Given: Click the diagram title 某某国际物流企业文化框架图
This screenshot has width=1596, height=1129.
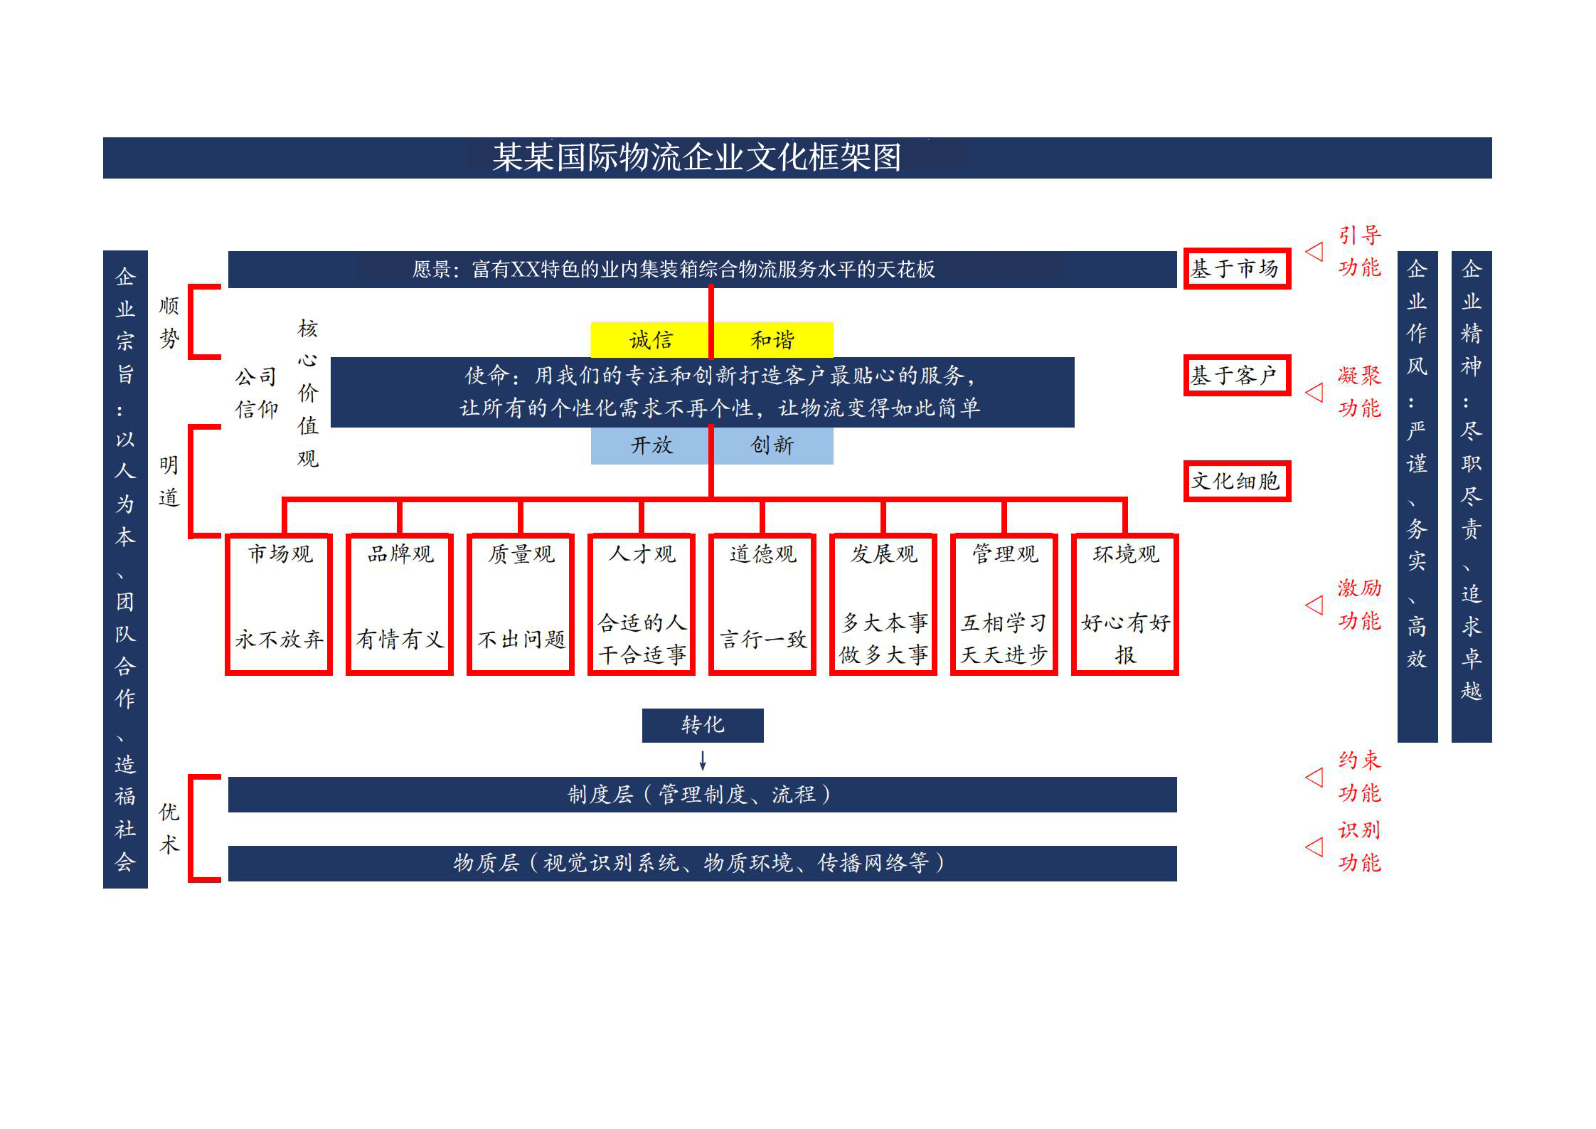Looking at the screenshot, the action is coord(697,157).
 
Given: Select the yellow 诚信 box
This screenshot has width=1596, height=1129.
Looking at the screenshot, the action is coord(650,340).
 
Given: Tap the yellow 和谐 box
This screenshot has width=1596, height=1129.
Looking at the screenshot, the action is coord(773,340).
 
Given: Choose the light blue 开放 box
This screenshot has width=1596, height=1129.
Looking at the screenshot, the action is coord(650,446).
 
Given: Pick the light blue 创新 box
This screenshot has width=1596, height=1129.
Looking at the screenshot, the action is coord(773,446).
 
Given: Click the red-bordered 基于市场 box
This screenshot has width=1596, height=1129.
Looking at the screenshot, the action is coord(1237,268).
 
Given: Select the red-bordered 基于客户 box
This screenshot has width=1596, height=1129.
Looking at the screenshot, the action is coord(1237,375).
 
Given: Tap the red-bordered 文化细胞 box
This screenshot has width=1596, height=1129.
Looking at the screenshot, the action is coord(1237,482).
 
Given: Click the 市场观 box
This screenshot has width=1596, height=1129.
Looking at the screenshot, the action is coord(279,603).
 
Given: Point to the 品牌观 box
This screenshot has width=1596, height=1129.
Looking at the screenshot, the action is coord(400,603).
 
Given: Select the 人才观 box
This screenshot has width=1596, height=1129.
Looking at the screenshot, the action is coord(642,603).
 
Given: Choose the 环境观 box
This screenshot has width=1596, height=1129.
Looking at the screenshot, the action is coord(1125,603).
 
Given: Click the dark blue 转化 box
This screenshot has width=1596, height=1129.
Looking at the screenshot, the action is coord(703,725).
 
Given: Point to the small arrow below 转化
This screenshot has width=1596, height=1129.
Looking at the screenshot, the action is coord(703,760).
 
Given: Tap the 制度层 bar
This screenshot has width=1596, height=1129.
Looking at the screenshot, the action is coord(702,794).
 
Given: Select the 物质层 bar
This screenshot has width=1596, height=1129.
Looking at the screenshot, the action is coord(702,864).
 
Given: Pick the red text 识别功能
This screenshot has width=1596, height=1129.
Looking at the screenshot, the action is coord(1359,847).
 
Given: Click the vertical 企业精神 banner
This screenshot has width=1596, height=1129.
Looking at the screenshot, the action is coord(1472,497).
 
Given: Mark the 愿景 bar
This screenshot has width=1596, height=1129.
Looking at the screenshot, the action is coord(702,269).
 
